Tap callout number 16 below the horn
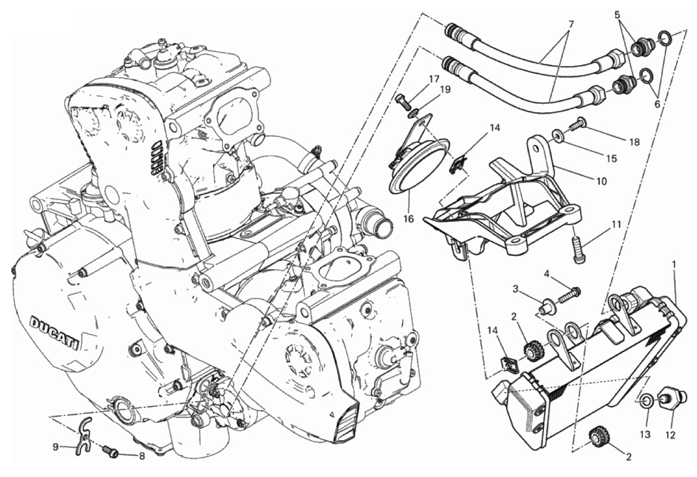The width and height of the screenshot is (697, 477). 409,219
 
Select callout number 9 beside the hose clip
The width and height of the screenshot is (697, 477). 56,447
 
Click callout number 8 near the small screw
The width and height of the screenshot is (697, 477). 141,456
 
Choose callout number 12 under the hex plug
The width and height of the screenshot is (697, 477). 670,435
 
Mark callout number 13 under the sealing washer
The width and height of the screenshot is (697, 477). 646,434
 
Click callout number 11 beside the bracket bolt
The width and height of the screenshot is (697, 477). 615,225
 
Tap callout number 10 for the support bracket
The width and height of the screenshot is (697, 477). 602,181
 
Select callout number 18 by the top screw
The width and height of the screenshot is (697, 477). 634,142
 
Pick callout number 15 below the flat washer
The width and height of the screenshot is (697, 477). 612,159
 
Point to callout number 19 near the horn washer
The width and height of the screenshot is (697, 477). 445,90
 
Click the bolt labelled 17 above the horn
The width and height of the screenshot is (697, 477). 403,101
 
